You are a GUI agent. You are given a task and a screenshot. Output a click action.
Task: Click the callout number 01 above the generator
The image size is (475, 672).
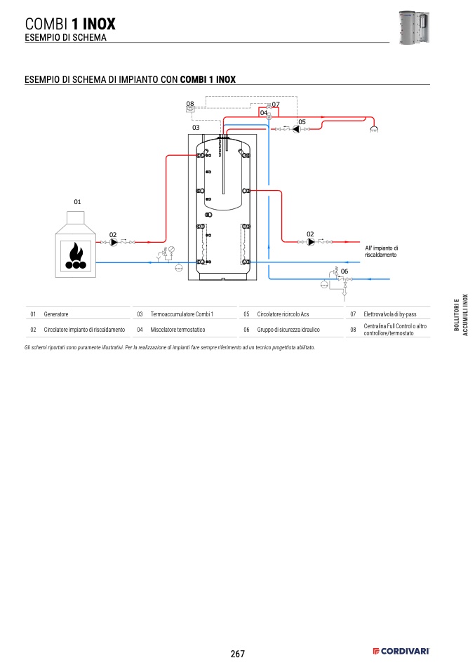(77, 202)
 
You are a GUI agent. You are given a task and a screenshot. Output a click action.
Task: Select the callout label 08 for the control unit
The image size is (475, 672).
(190, 103)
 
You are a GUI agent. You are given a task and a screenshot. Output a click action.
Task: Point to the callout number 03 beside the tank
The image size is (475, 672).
(196, 128)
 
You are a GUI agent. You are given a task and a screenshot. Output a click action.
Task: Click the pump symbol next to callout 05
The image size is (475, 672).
(296, 129)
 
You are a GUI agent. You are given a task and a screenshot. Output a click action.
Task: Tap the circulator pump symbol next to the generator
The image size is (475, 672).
(114, 242)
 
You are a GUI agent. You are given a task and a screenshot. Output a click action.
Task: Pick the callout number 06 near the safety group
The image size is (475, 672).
(344, 271)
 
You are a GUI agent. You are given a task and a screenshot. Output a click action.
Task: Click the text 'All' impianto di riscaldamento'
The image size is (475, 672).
(381, 251)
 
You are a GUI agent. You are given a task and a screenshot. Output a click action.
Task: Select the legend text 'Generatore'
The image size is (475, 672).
(55, 314)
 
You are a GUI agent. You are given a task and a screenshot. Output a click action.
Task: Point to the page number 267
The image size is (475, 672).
(237, 654)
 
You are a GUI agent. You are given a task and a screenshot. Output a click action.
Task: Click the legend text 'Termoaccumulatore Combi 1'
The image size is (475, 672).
(182, 314)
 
